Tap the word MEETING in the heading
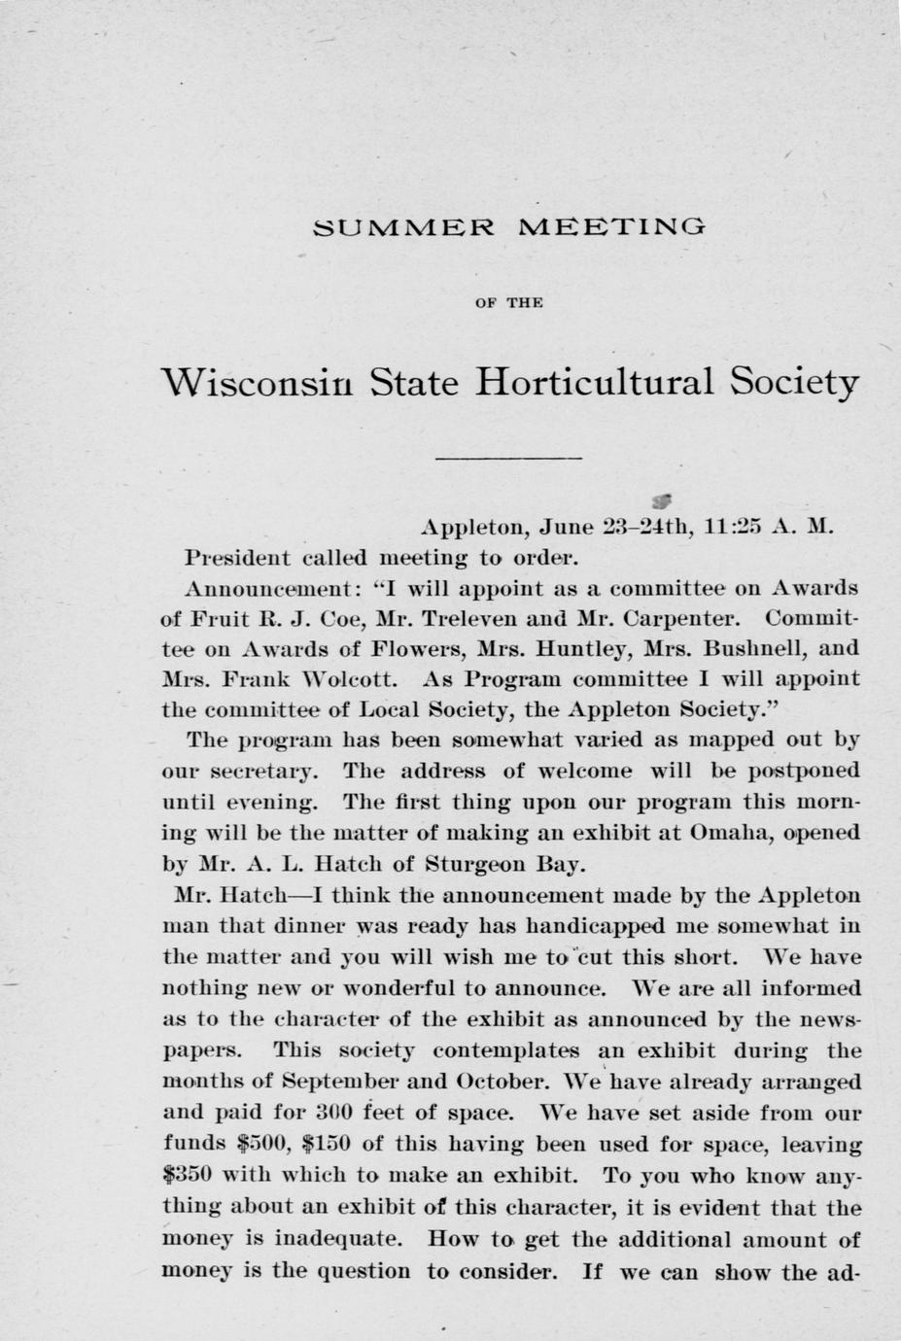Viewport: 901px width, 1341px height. (613, 229)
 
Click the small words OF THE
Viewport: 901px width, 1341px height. (508, 303)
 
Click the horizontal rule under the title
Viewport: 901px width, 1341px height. (508, 458)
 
